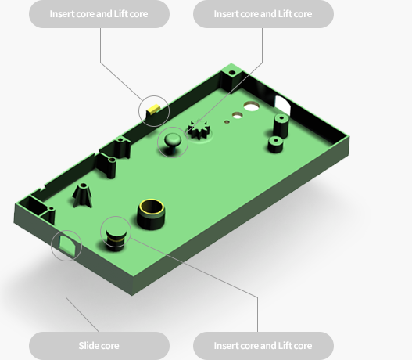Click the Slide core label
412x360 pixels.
pos(99,346)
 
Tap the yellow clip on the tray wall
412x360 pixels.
pos(153,108)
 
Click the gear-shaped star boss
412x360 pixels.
pos(199,129)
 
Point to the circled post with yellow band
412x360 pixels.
pos(116,238)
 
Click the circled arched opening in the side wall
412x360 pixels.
pos(67,245)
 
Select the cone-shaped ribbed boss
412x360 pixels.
pos(83,195)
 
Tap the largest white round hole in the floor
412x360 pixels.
pos(252,106)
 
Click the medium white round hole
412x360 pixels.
pos(237,115)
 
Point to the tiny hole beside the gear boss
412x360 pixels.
pos(227,121)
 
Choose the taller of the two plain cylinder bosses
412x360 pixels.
pos(281,125)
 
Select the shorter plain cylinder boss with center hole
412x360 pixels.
pos(275,144)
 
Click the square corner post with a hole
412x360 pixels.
pos(231,76)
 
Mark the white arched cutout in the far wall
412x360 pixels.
pos(282,106)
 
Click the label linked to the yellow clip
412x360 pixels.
pos(99,14)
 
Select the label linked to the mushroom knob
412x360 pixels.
pos(263,14)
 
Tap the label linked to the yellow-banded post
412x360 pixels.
pos(263,346)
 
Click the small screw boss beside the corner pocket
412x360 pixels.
pos(51,214)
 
